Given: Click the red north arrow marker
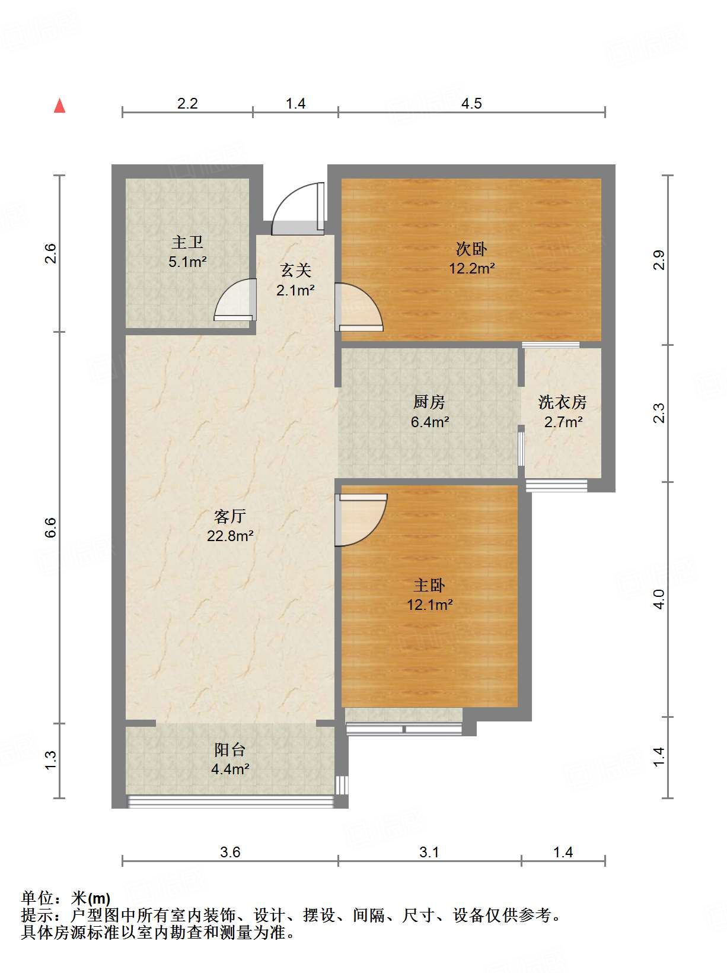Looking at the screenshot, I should pos(59,106).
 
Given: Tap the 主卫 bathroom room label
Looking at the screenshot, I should pos(187,242).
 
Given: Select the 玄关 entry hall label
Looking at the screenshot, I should pos(295,271).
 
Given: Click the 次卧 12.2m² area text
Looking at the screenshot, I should pos(472,268).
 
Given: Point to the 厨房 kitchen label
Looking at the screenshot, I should pos(429,402).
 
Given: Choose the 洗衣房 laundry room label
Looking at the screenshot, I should pos(562,402).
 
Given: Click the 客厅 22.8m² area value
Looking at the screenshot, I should pos(230,536).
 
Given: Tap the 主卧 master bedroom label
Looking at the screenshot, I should pos(429,586).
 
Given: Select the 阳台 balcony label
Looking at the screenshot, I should pos(229,749).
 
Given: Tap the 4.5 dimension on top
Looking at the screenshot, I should pos(471,104).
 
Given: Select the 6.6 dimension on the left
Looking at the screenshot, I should pos(51,527).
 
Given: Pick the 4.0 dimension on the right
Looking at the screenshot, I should pos(659,599).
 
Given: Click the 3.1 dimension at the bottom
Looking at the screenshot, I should pos(429,853).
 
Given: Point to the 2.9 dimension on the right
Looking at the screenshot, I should pos(659,260).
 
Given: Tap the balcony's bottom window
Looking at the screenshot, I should pos(230,802).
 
